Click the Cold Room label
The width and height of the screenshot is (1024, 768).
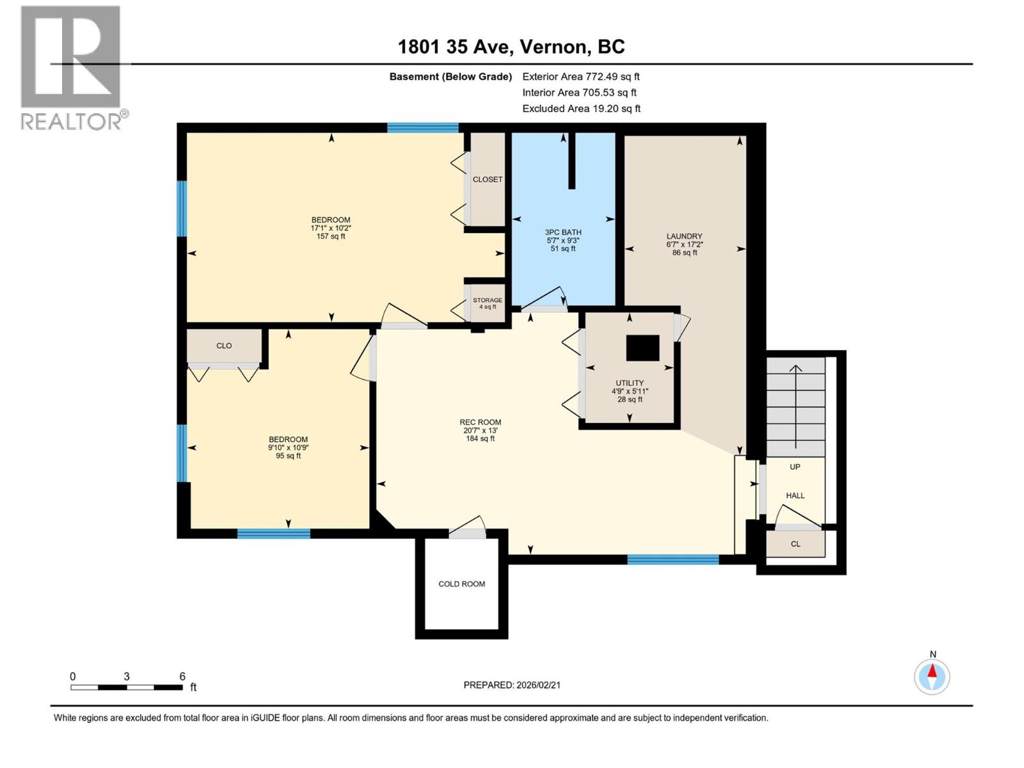click(461, 584)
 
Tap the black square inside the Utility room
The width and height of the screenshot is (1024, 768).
click(643, 348)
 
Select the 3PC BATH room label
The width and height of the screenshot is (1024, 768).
click(563, 232)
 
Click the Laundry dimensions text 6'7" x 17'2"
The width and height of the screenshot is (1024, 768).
click(684, 244)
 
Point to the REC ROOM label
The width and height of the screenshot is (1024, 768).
click(480, 422)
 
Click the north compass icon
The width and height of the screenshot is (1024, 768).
click(932, 676)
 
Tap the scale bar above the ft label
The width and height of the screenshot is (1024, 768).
click(126, 687)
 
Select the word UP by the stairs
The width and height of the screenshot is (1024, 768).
click(795, 467)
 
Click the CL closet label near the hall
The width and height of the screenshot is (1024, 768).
click(796, 544)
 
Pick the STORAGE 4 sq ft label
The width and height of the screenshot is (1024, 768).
click(488, 303)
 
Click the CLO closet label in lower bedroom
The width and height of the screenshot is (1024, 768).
click(224, 346)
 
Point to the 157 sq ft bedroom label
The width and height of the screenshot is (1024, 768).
click(331, 236)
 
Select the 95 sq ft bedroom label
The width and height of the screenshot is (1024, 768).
click(288, 456)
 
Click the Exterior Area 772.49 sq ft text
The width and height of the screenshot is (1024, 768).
click(580, 76)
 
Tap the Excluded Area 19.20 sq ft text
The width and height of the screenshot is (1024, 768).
click(580, 108)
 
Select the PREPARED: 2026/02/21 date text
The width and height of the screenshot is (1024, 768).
click(511, 685)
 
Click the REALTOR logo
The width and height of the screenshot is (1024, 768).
click(71, 67)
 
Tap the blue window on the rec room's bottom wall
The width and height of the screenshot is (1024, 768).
click(673, 559)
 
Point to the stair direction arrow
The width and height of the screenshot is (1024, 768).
click(796, 406)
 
